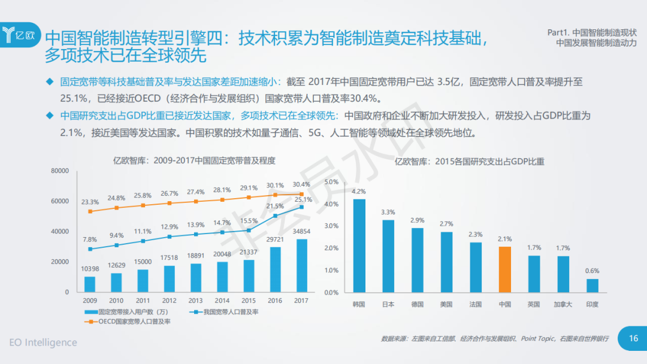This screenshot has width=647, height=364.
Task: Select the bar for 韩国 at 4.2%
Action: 359,245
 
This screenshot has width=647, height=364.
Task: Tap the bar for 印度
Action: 592,286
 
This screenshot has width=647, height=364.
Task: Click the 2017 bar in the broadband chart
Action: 302,265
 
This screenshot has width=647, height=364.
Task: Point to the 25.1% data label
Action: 303,200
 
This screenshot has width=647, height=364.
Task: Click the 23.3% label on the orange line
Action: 90,202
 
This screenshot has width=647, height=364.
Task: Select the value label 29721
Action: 275,239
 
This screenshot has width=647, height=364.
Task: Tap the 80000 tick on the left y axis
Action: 60,171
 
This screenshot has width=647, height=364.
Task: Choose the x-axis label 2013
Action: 195,301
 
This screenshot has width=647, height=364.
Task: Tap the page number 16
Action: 633,339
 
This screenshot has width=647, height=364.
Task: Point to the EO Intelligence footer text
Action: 43,342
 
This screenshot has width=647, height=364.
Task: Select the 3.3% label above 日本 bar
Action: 388,212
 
